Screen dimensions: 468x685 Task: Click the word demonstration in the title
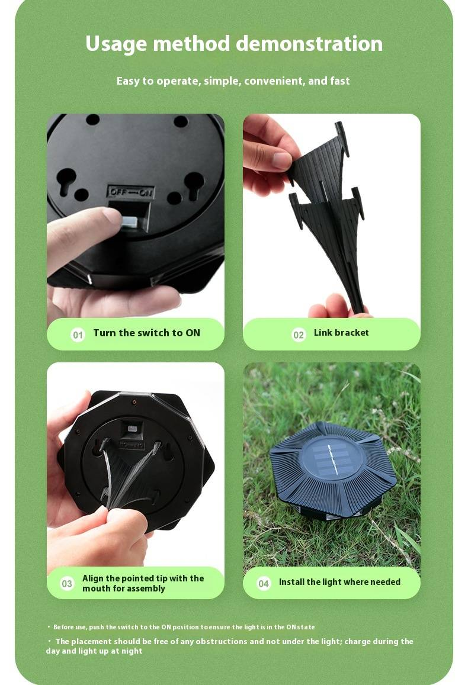309,44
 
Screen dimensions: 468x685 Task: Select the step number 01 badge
78,335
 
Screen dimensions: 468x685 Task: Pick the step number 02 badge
299,335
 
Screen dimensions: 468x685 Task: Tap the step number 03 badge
67,583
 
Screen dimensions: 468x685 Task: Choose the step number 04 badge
264,583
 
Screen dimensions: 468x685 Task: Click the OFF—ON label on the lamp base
131,192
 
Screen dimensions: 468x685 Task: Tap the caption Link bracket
341,333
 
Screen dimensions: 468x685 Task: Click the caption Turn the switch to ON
147,333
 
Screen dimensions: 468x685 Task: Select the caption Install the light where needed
339,582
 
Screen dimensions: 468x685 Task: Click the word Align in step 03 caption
93,578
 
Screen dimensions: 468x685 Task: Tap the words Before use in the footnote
70,627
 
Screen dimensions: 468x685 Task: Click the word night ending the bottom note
132,651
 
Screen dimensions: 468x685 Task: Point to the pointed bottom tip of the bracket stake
361,311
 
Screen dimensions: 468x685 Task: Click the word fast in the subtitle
340,81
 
